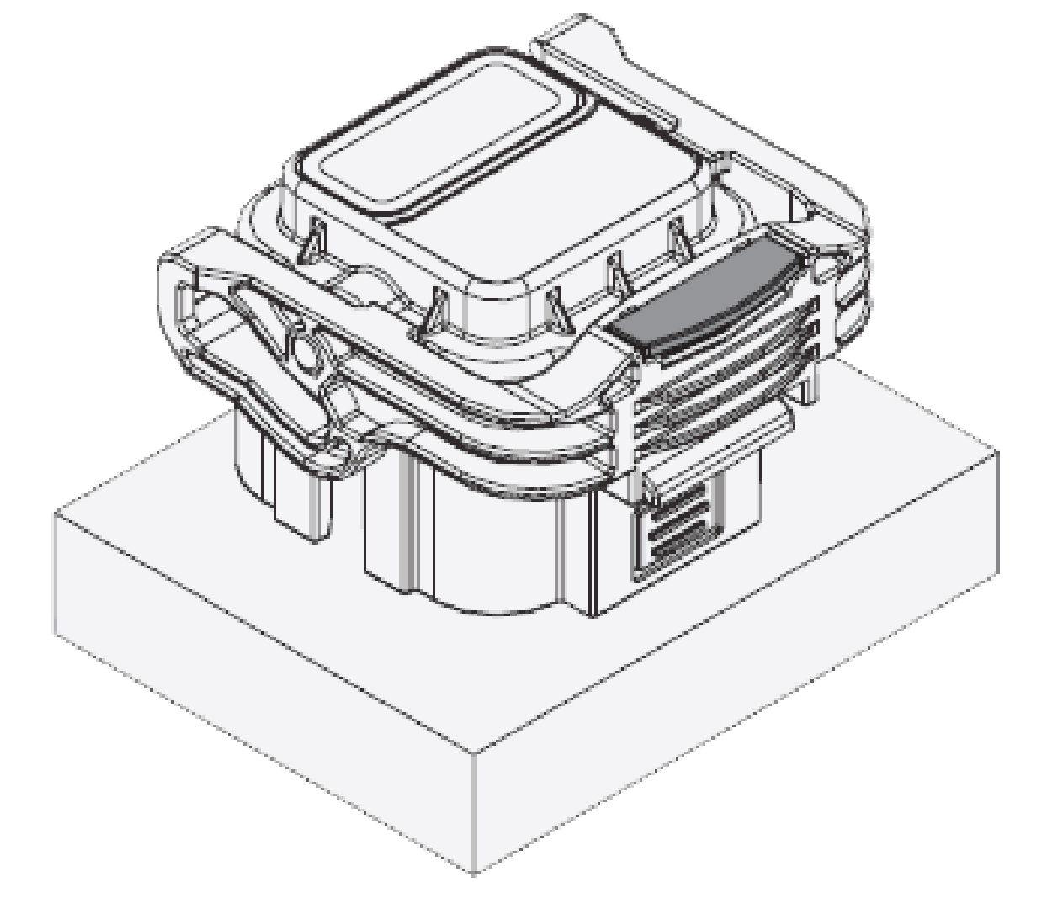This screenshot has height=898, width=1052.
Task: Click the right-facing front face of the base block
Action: point(741,673)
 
